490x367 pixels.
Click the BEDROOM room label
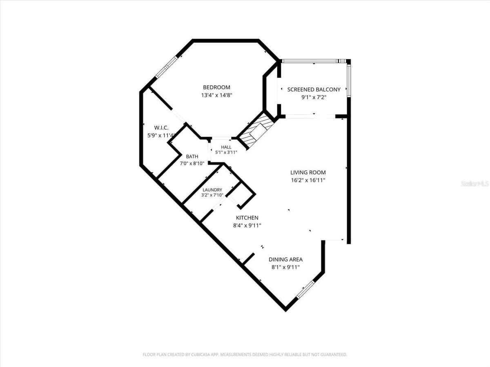pyautogui.click(x=216, y=87)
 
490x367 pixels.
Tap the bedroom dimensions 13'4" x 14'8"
pyautogui.click(x=216, y=95)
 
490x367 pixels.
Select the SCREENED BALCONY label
pyautogui.click(x=314, y=90)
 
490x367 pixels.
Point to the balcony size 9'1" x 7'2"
pyautogui.click(x=314, y=97)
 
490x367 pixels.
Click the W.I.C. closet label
pyautogui.click(x=161, y=128)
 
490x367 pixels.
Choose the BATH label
pyautogui.click(x=192, y=157)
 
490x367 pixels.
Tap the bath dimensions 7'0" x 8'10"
pyautogui.click(x=192, y=164)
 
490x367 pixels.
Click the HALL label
pyautogui.click(x=226, y=147)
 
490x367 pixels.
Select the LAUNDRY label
pyautogui.click(x=212, y=190)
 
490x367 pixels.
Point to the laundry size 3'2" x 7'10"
pyautogui.click(x=212, y=195)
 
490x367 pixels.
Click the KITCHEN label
pyautogui.click(x=247, y=217)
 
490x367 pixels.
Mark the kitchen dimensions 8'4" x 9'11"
pyautogui.click(x=247, y=226)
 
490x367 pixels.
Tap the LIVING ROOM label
pyautogui.click(x=308, y=172)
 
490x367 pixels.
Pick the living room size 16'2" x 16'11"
pyautogui.click(x=308, y=180)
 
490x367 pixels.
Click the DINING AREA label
pyautogui.click(x=285, y=259)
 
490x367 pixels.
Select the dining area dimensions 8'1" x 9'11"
pyautogui.click(x=285, y=267)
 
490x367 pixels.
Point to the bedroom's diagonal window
pyautogui.click(x=167, y=67)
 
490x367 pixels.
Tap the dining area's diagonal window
pyautogui.click(x=305, y=290)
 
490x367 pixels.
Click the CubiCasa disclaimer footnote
pyautogui.click(x=245, y=354)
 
